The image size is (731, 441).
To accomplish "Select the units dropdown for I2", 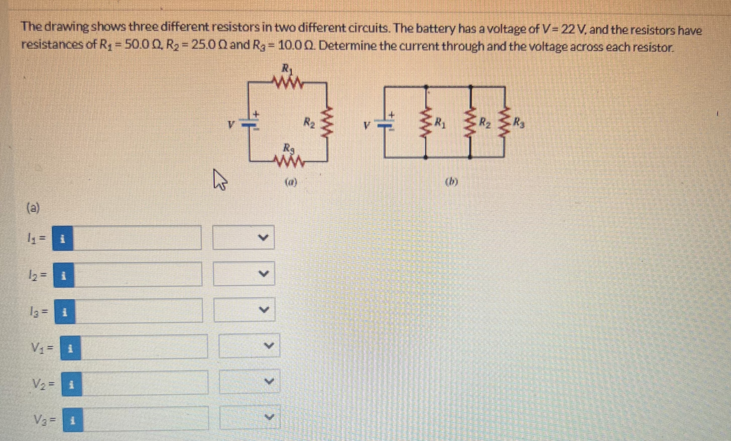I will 244,273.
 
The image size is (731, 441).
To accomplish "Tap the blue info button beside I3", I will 65,311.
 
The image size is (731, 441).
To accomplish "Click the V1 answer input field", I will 144,346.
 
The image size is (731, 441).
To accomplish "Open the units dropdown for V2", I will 250,382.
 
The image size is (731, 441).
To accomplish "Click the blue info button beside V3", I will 73,419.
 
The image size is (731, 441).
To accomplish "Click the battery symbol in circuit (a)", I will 250,124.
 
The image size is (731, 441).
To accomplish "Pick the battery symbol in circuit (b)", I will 385,124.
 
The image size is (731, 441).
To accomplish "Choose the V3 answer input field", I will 145,418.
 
